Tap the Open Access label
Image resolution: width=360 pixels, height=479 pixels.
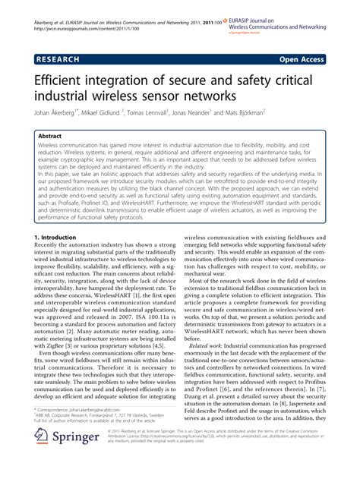tap(300, 57)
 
